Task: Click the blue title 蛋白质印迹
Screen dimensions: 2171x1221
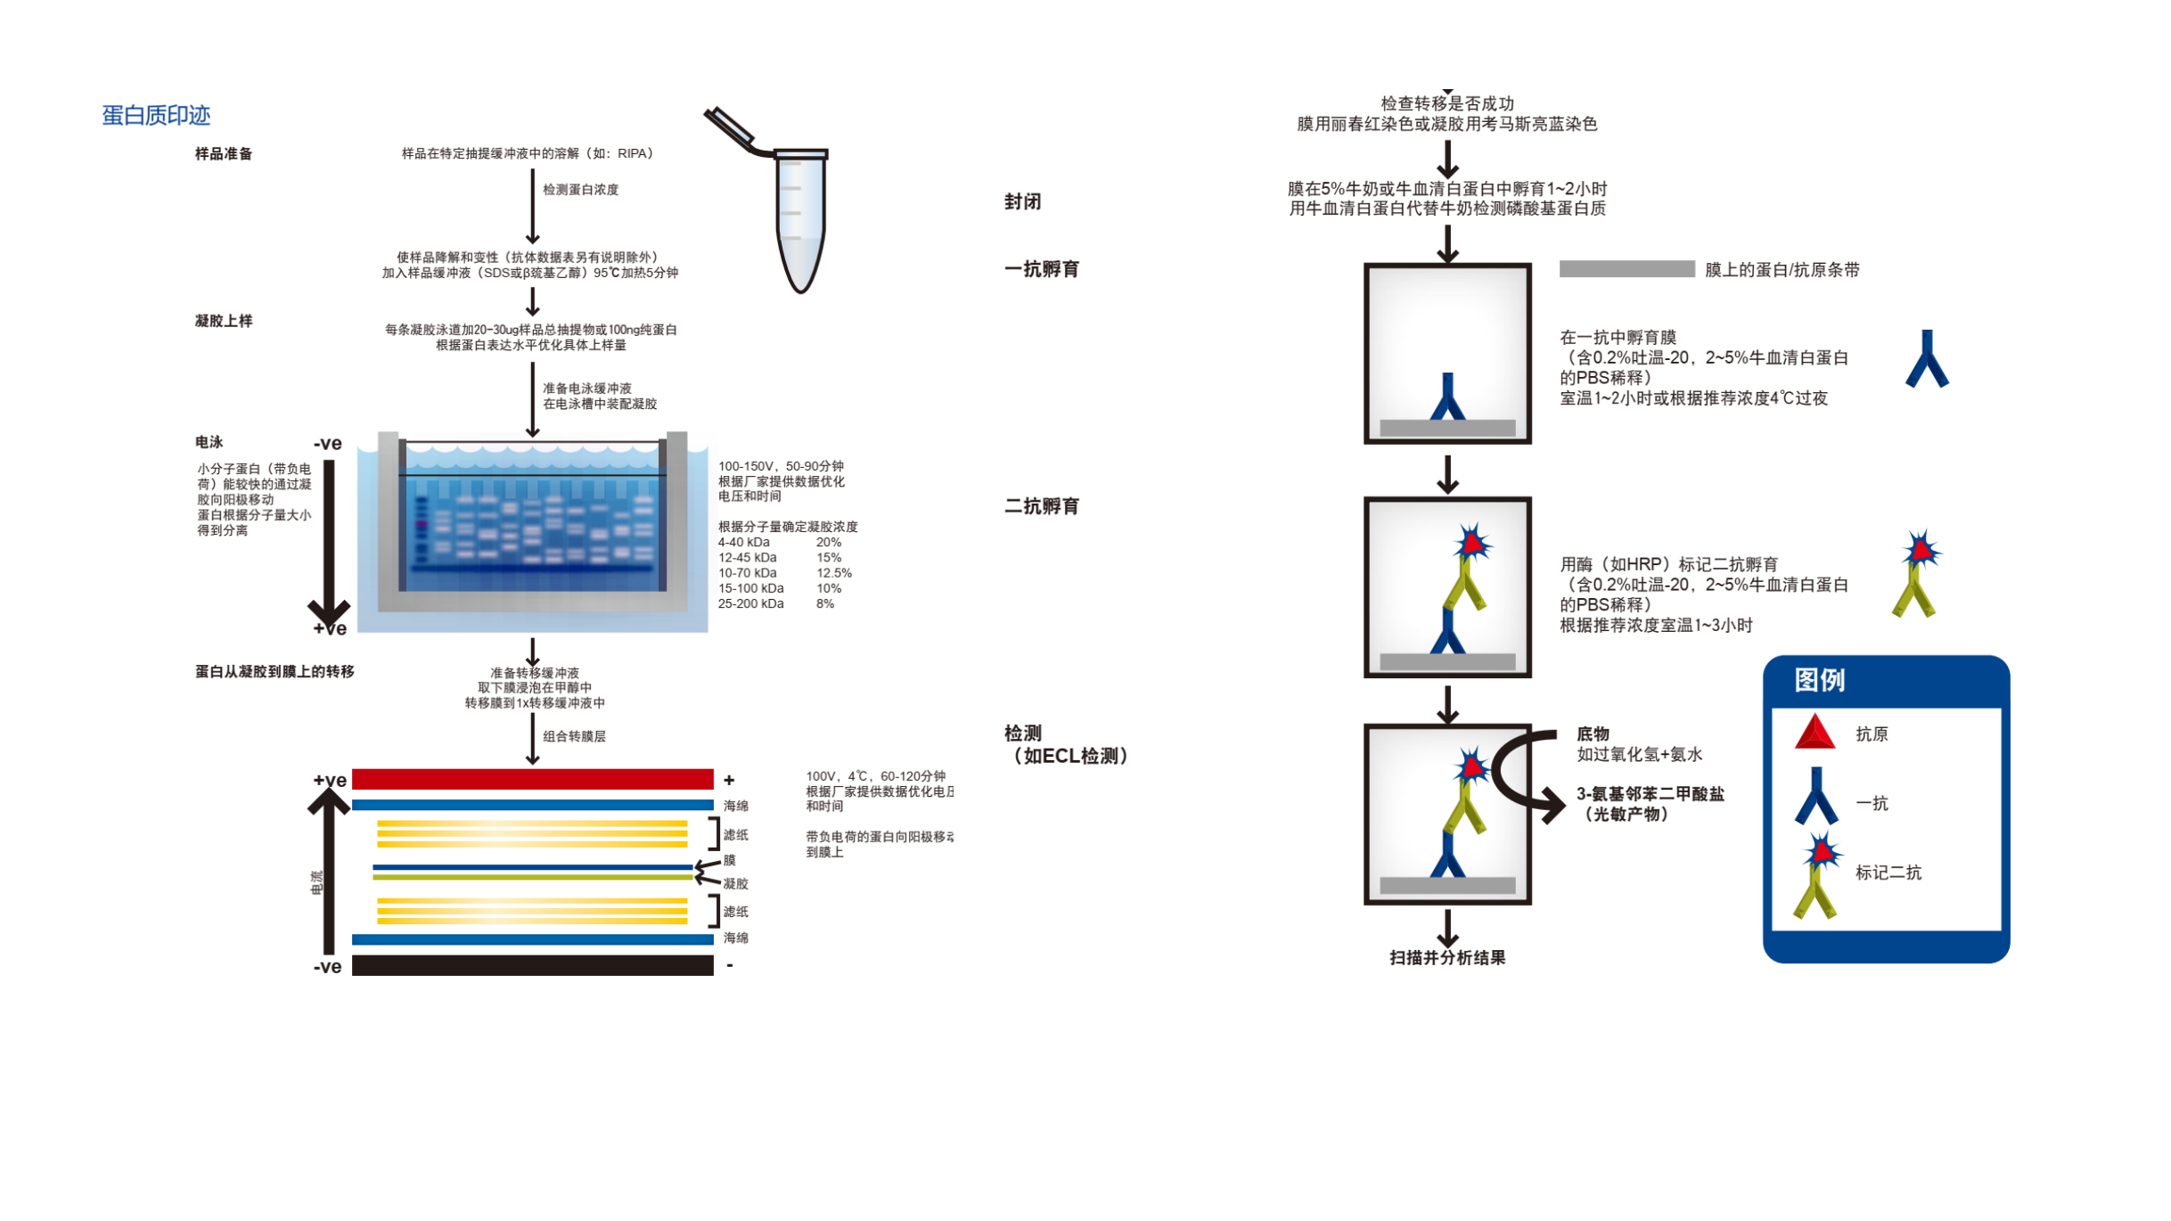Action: pyautogui.click(x=156, y=115)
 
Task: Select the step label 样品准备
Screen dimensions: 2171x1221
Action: pyautogui.click(x=224, y=153)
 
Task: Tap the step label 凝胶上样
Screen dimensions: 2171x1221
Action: pyautogui.click(x=224, y=321)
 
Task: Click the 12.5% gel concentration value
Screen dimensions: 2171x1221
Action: pyautogui.click(x=834, y=573)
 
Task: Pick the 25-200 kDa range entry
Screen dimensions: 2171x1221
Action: pyautogui.click(x=751, y=603)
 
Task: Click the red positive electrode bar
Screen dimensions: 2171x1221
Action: pyautogui.click(x=532, y=780)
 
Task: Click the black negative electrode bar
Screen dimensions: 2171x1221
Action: pyautogui.click(x=532, y=965)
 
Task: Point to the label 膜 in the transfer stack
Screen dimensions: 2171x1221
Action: pyautogui.click(x=730, y=860)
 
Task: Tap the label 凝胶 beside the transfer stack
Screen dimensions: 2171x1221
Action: pyautogui.click(x=736, y=883)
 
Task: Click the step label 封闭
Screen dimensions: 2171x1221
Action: pyautogui.click(x=1022, y=201)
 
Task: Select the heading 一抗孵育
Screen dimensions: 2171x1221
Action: pyautogui.click(x=1042, y=269)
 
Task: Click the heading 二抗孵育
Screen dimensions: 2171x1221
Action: pyautogui.click(x=1042, y=506)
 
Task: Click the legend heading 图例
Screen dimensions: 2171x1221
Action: pyautogui.click(x=1819, y=680)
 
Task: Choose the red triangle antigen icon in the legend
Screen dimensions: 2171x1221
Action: pyautogui.click(x=1815, y=733)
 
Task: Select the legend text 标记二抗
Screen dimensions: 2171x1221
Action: pyautogui.click(x=1888, y=873)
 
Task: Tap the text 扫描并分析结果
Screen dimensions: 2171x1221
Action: pyautogui.click(x=1447, y=958)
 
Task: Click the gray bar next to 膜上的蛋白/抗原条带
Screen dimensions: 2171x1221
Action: pyautogui.click(x=1626, y=269)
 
